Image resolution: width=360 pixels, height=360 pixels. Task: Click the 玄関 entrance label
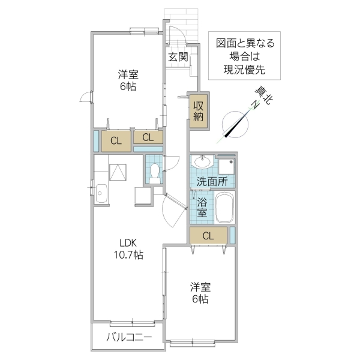pos(178,57)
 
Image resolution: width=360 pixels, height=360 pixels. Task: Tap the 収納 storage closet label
pos(199,110)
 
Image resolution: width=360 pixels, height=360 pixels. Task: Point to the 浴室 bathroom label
pos(202,206)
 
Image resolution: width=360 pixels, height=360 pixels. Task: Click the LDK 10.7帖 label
pos(129,249)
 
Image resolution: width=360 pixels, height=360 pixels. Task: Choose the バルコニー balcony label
pos(128,337)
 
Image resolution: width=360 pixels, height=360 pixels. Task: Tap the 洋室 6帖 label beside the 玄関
pos(128,80)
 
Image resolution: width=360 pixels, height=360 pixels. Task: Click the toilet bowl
pos(155,171)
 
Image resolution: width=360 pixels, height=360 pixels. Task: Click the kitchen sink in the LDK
pos(100,193)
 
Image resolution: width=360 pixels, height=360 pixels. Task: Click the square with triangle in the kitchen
pos(118,172)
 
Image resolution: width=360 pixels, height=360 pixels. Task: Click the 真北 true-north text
pos(262,96)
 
